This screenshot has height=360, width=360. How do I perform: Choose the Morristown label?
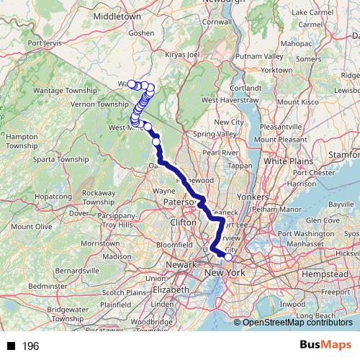click(x=100, y=244)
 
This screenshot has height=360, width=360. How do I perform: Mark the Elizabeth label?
click(x=171, y=289)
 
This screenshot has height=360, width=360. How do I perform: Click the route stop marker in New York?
click(x=229, y=256)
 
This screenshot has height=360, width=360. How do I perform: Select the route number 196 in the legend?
click(x=30, y=347)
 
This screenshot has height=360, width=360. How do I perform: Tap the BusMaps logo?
click(x=324, y=346)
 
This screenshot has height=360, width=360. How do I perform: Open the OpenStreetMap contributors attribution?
click(x=297, y=323)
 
